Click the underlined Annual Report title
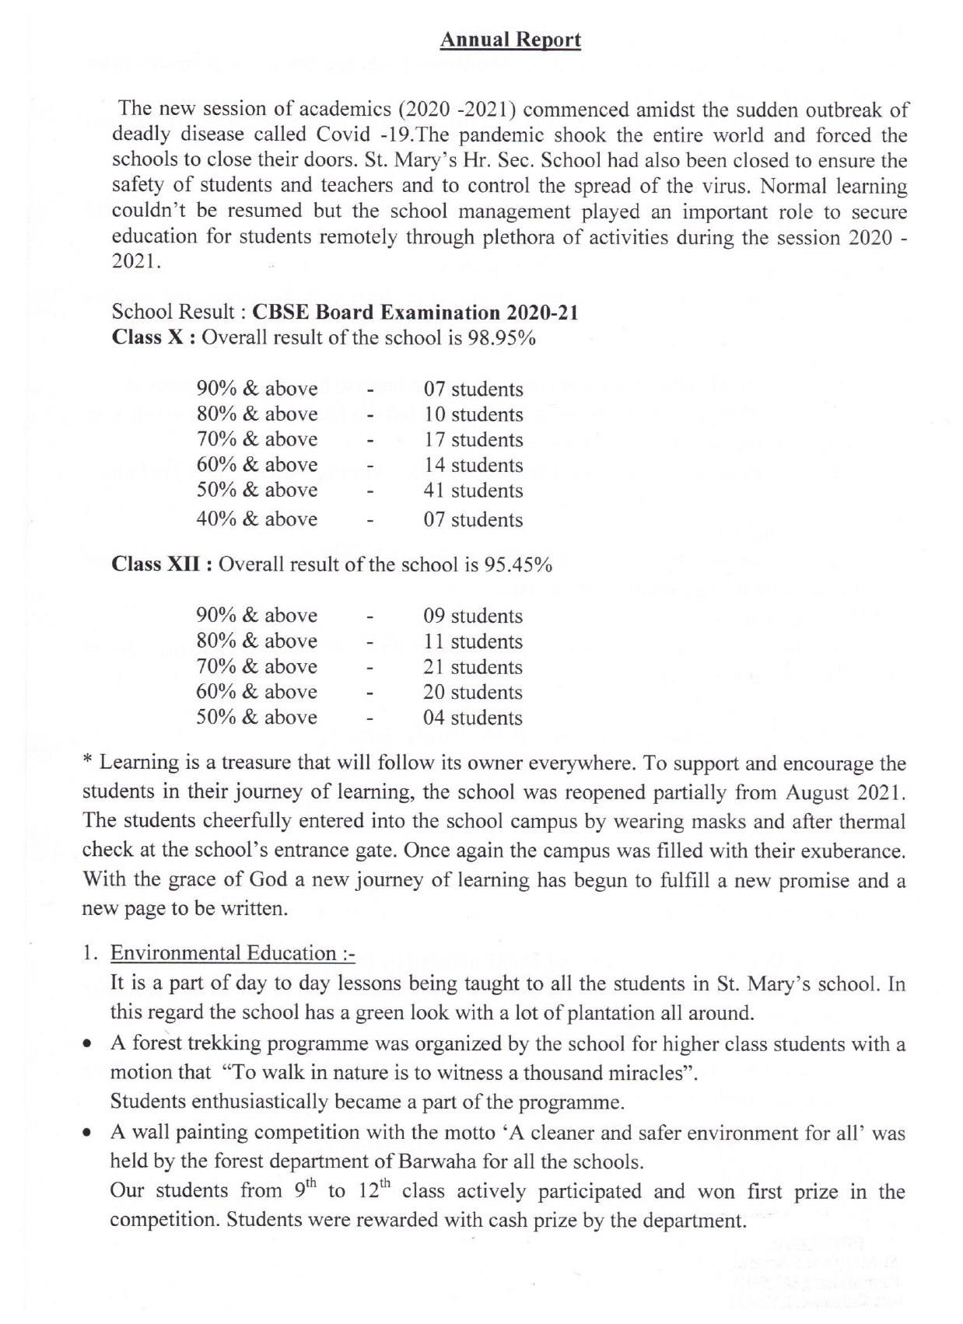[510, 40]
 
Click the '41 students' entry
[473, 491]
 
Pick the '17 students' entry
[473, 440]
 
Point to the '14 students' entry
[473, 466]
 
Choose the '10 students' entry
[473, 414]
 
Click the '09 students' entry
[473, 617]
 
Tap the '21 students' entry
[473, 667]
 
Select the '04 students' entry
[473, 718]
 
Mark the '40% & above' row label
[257, 519]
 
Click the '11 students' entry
[473, 642]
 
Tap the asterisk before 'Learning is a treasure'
[88, 762]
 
